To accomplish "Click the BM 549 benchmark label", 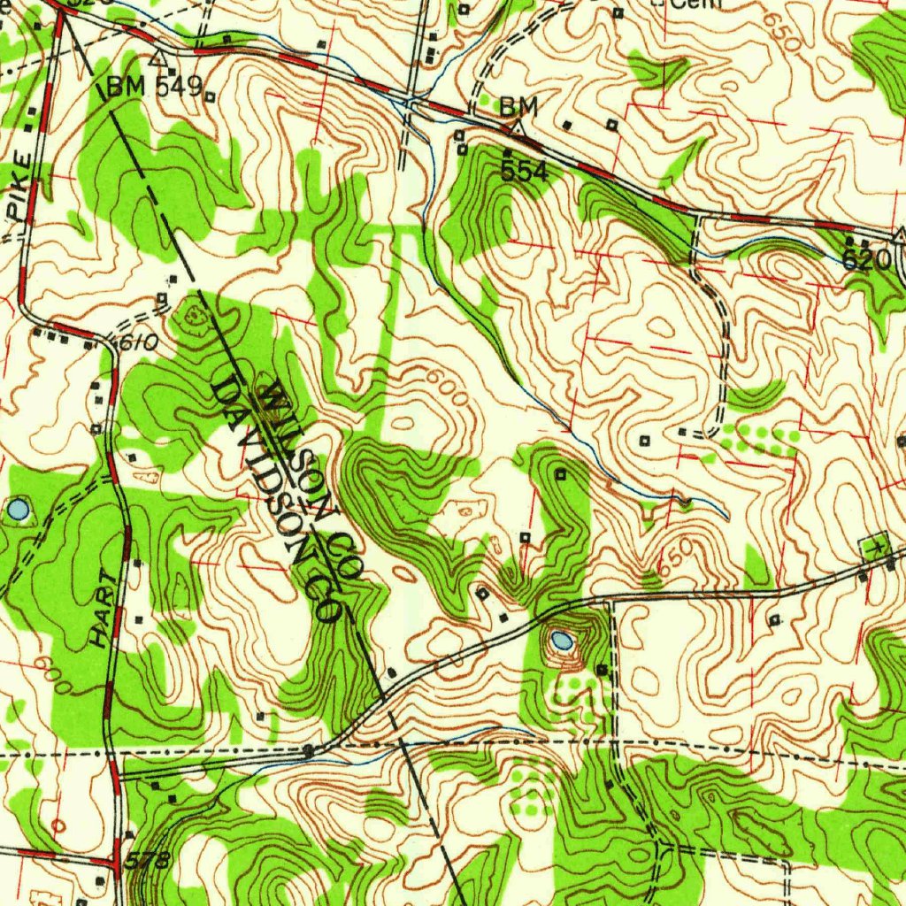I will tap(155, 87).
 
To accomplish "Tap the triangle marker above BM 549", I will tap(159, 60).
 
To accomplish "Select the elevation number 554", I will tap(524, 172).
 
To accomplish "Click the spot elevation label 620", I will tap(866, 259).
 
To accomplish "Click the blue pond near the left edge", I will tap(18, 509).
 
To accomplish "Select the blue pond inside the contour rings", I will tap(561, 639).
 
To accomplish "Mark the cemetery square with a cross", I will tap(877, 545).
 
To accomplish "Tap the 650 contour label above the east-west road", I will tap(674, 555).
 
